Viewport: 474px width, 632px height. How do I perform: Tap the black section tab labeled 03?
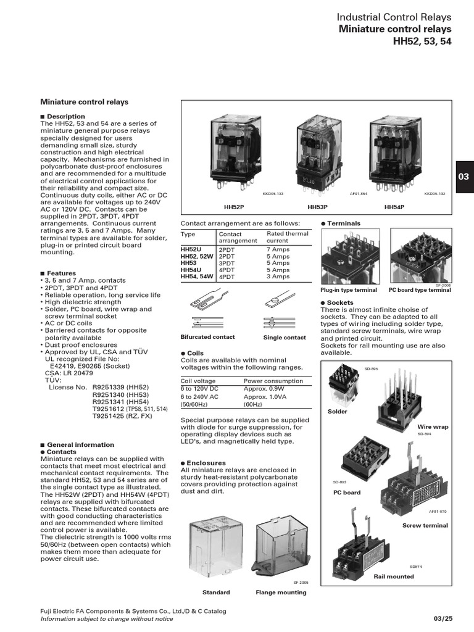pyautogui.click(x=464, y=177)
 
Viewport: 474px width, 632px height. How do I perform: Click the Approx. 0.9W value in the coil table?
pyautogui.click(x=266, y=389)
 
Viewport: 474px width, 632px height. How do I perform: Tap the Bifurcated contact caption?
pyautogui.click(x=207, y=338)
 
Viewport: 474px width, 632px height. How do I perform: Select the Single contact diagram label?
pyautogui.click(x=285, y=338)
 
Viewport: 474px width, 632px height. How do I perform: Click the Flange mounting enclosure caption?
pyautogui.click(x=281, y=592)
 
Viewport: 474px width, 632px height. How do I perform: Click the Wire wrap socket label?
pyautogui.click(x=433, y=427)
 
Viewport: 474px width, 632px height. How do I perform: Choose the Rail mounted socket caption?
pyautogui.click(x=394, y=576)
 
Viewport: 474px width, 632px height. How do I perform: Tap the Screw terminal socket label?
pyautogui.click(x=425, y=526)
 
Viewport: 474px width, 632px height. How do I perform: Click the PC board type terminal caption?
pyautogui.click(x=420, y=290)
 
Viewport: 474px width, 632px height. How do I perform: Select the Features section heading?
pyautogui.click(x=61, y=273)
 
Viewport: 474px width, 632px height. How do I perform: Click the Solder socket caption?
pyautogui.click(x=338, y=412)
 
